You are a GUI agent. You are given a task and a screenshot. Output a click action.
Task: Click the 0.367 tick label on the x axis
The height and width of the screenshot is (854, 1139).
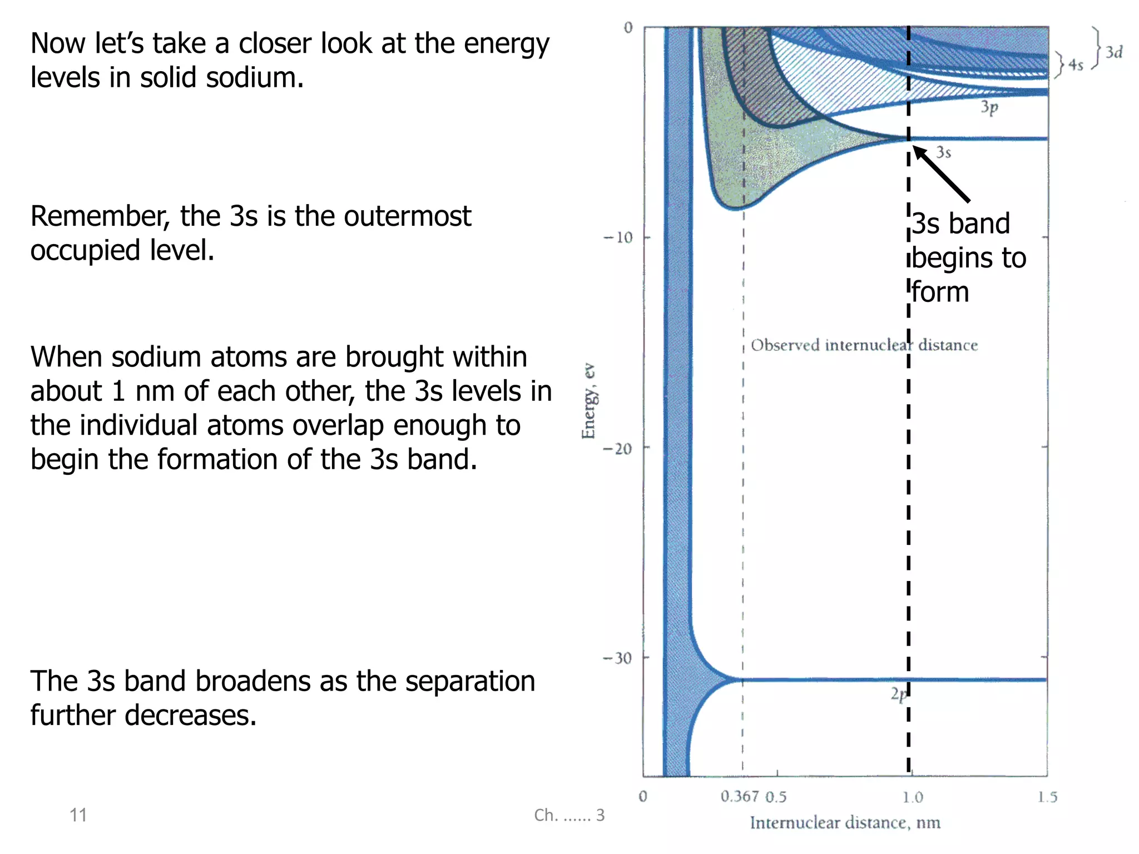(x=740, y=796)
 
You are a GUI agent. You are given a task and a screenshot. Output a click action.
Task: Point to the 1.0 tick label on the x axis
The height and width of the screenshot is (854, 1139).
(x=912, y=797)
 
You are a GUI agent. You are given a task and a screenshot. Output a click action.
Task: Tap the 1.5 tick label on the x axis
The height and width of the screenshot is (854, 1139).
(x=1047, y=797)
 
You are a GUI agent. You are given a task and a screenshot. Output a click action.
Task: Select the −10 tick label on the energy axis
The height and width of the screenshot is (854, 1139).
(x=618, y=237)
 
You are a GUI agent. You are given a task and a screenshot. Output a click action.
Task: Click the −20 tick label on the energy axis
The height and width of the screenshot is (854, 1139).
(x=618, y=448)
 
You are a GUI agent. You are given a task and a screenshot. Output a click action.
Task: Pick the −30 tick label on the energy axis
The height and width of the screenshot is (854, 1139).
(x=618, y=658)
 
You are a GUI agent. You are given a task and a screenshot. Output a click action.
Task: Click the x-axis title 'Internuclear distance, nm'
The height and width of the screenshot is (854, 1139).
(x=845, y=822)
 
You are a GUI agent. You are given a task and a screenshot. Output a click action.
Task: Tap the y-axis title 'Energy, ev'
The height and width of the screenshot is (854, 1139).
(x=588, y=401)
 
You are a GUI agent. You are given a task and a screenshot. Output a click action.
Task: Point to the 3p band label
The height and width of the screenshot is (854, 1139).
(x=989, y=107)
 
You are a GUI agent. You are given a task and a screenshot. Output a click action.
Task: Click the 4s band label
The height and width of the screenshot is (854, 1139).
(x=1076, y=65)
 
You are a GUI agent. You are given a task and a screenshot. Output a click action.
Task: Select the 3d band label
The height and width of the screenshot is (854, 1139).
(x=1113, y=52)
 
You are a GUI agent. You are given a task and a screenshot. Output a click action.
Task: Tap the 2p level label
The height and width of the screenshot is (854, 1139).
(x=898, y=694)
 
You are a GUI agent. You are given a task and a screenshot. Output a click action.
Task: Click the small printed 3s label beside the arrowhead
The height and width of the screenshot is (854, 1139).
(x=943, y=152)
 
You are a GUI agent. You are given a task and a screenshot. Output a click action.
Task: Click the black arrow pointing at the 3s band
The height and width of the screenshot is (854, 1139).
(x=942, y=173)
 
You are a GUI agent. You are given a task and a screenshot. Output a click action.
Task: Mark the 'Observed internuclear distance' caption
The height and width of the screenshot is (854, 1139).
(x=864, y=345)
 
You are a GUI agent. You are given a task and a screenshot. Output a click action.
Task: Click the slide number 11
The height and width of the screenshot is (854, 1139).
(x=78, y=815)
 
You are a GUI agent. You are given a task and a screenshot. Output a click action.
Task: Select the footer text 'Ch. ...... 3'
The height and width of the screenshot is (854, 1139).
(x=569, y=815)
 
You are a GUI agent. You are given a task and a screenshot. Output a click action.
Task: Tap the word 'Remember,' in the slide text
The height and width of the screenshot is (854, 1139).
(x=100, y=216)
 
